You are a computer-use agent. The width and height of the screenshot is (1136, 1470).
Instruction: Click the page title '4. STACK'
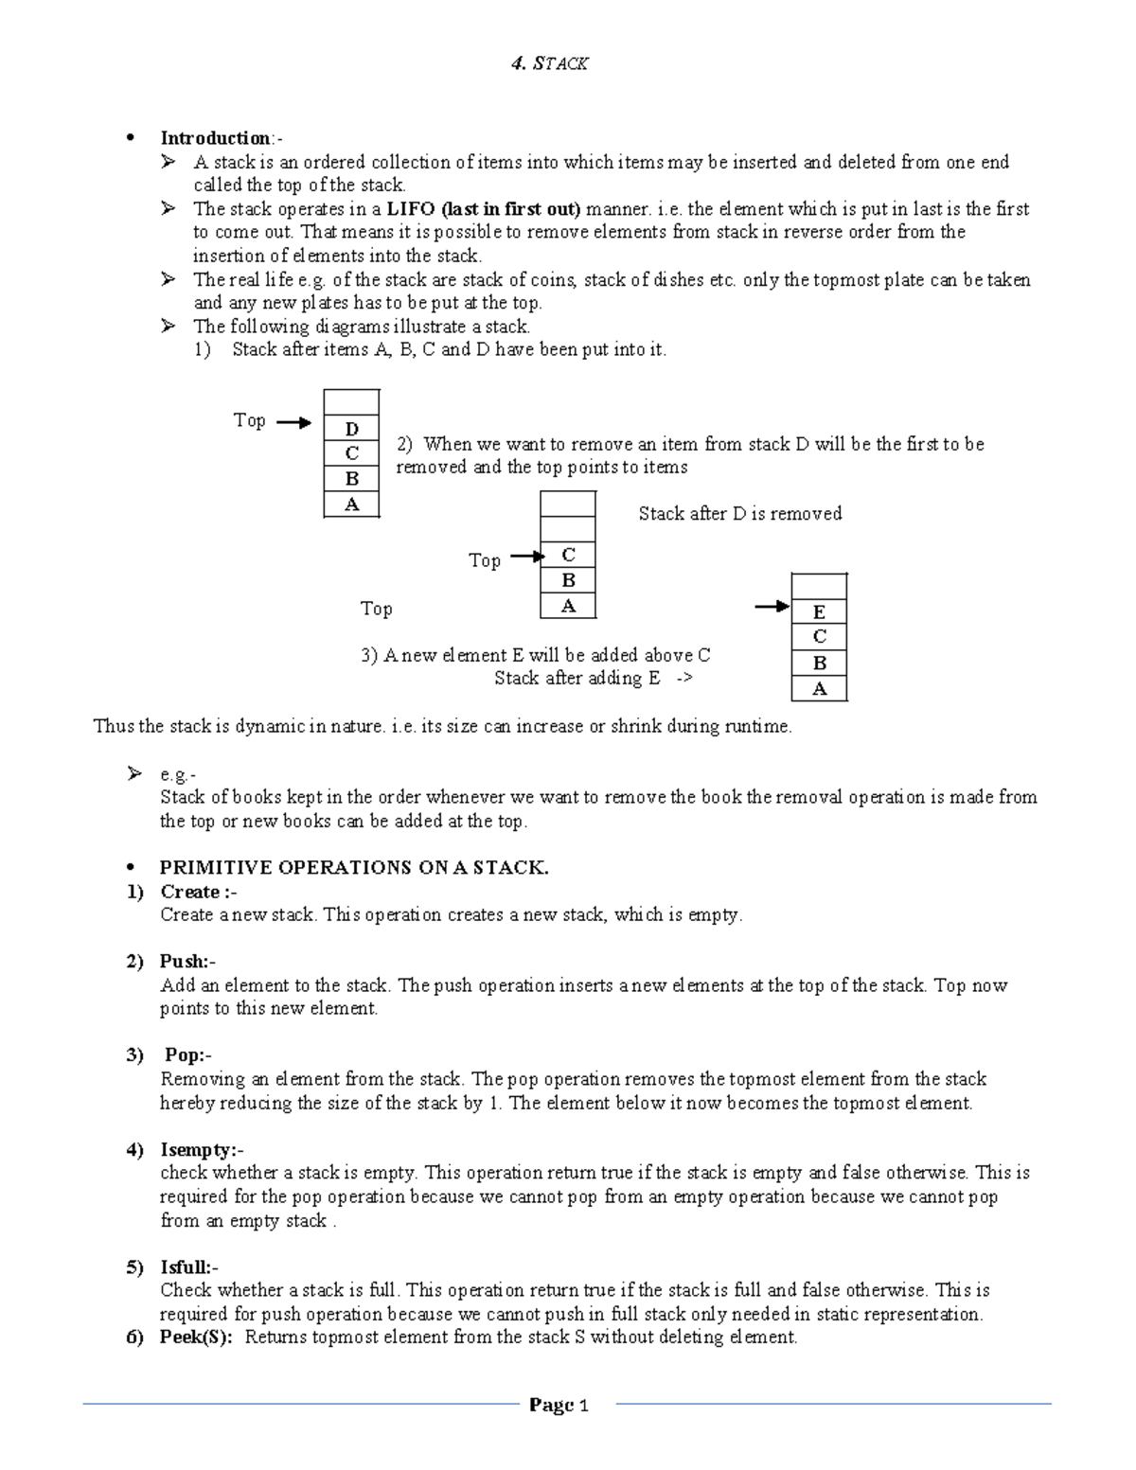(549, 63)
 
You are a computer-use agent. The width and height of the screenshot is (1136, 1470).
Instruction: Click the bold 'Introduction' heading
(215, 138)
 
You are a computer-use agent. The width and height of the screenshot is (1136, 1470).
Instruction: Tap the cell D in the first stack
(351, 429)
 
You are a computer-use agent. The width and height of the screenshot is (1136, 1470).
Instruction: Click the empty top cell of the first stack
(351, 402)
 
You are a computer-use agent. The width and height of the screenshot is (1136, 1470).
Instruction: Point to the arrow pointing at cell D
(293, 423)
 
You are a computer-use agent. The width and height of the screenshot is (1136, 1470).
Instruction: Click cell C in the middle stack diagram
(568, 555)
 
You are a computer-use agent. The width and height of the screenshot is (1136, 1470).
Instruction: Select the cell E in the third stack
(819, 611)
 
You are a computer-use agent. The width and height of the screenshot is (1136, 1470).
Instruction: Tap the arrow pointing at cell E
(772, 607)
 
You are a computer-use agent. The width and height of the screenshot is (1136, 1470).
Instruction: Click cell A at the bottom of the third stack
(819, 689)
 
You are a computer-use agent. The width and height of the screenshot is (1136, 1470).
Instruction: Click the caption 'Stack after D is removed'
(739, 514)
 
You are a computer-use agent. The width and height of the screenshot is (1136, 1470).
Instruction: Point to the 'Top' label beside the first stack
(249, 420)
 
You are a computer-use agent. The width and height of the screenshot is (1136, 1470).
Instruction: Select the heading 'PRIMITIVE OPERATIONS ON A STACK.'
(354, 868)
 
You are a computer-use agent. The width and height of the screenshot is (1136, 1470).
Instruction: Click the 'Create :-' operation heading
(199, 892)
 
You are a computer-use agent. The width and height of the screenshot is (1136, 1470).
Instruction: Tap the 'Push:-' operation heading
(187, 962)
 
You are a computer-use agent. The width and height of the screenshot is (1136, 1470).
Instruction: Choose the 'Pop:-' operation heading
(189, 1055)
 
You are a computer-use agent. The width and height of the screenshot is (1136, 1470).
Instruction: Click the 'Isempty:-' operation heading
(202, 1150)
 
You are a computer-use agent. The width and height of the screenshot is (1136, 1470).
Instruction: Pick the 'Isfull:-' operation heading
(189, 1267)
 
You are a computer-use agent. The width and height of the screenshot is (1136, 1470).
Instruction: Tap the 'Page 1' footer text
(559, 1406)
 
